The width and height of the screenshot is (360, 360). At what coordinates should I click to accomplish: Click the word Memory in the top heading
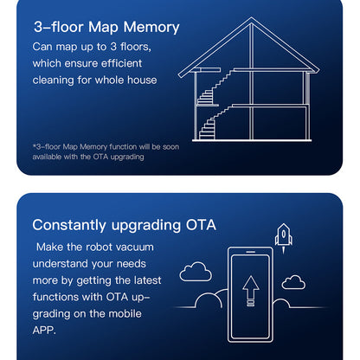tap(151, 28)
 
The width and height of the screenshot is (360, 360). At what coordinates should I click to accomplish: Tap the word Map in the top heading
tap(103, 29)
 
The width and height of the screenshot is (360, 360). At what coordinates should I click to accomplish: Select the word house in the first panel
tap(142, 80)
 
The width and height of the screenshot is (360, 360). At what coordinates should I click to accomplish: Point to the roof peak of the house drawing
tap(251, 18)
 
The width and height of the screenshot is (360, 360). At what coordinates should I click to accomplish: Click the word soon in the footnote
tap(170, 146)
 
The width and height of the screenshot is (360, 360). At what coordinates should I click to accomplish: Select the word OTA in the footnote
tap(100, 157)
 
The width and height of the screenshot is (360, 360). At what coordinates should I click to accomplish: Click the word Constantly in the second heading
tap(69, 225)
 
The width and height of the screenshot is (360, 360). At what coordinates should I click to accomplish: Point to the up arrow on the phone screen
tap(251, 291)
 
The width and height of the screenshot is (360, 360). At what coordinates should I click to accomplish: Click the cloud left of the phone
tap(196, 272)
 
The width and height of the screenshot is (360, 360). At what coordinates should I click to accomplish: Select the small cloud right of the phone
tap(293, 282)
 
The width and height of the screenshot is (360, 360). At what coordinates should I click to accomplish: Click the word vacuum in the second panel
tap(134, 247)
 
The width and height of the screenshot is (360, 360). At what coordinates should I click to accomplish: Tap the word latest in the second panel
tap(147, 280)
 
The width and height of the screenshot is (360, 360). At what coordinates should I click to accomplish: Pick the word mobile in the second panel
tap(126, 313)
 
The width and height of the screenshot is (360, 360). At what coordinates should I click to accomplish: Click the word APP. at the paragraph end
tap(44, 331)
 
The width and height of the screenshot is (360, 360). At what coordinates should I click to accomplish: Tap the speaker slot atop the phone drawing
tap(251, 252)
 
